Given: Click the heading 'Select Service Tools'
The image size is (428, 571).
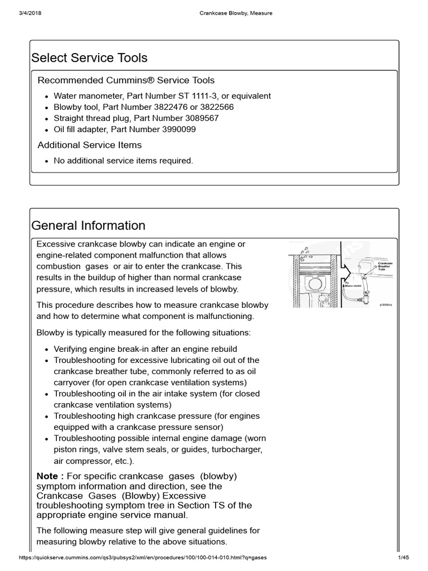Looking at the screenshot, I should pos(89,58).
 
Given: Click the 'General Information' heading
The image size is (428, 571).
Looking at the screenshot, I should pos(88,225).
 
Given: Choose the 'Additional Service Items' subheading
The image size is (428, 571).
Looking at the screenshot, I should pos(89,145).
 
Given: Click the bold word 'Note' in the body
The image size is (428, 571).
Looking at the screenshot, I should pos(47,476).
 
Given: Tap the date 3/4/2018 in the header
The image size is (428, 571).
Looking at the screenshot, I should pos(28,13).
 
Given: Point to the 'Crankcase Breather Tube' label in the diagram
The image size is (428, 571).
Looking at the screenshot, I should pos(385,266).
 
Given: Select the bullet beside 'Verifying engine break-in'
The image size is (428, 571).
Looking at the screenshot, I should pos(46,349).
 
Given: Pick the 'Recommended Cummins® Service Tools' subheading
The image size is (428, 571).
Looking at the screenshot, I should pos(126,80).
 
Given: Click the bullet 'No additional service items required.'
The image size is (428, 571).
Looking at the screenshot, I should pos(123,161).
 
